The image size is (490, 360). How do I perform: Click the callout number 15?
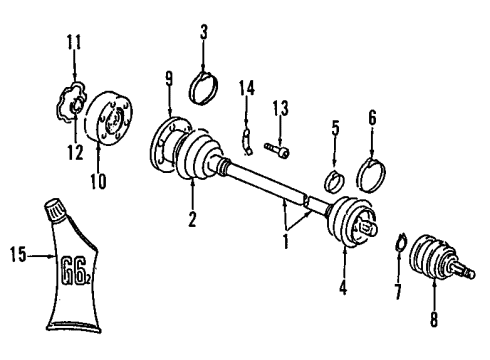pyautogui.click(x=18, y=255)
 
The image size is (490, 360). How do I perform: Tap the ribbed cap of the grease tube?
pyautogui.click(x=55, y=210)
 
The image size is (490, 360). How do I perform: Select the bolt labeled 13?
pyautogui.click(x=277, y=150)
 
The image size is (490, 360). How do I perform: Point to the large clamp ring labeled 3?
pyautogui.click(x=204, y=89)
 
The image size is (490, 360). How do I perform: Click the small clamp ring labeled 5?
pyautogui.click(x=334, y=181)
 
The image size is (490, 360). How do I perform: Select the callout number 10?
pyautogui.click(x=99, y=182)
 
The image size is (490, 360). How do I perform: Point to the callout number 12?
pyautogui.click(x=75, y=153)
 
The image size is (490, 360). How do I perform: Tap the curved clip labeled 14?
pyautogui.click(x=246, y=141)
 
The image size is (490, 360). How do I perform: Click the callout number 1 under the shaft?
pyautogui.click(x=286, y=241)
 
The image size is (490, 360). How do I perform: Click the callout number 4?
pyautogui.click(x=343, y=287)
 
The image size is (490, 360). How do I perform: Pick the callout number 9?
pyautogui.click(x=169, y=80)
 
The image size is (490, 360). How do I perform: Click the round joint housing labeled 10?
pyautogui.click(x=108, y=117)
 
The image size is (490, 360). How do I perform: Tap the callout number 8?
pyautogui.click(x=434, y=319)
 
